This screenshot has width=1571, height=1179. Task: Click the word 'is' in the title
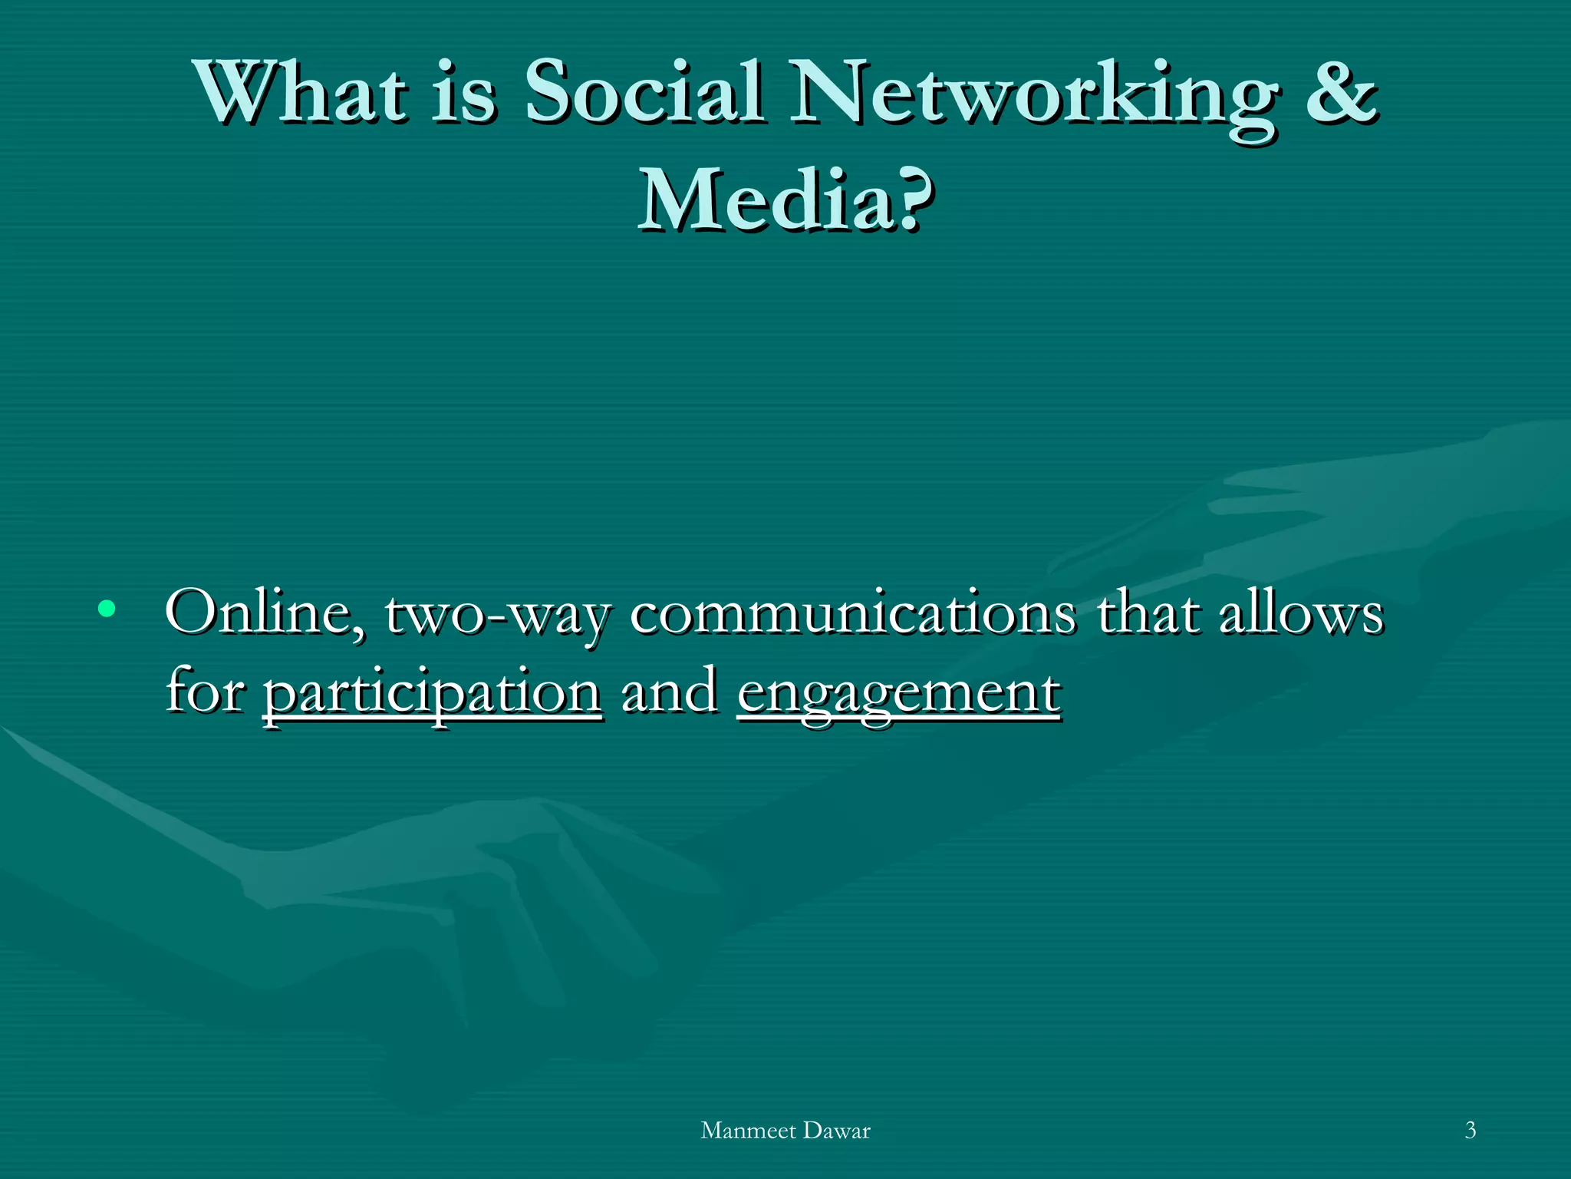[463, 94]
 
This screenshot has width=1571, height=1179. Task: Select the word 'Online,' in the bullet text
[265, 614]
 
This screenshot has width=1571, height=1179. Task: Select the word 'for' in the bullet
[205, 691]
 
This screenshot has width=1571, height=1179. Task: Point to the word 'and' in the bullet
[670, 691]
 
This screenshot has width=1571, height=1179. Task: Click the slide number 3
[1470, 1130]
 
